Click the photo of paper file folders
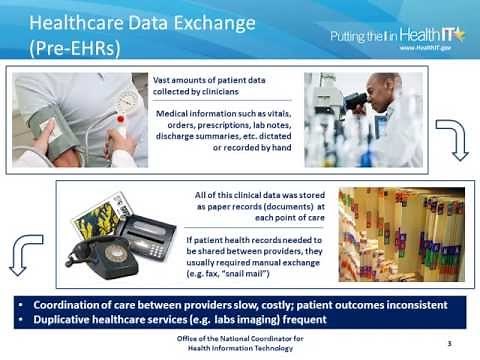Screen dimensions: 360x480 [386, 233]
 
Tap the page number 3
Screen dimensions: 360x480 [449, 343]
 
